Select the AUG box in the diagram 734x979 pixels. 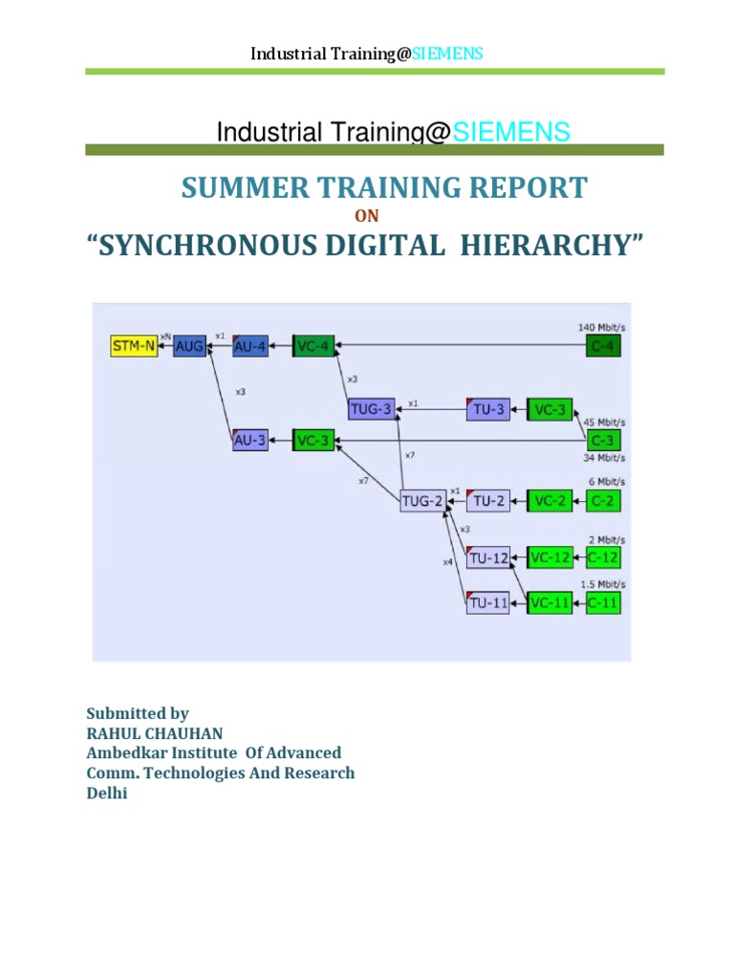coord(188,346)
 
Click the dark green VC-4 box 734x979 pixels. coord(313,346)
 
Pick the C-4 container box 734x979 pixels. coord(603,346)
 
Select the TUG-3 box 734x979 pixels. coord(371,409)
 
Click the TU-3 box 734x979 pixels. coord(488,409)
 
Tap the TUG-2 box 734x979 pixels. coord(422,500)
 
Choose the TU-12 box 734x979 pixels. coord(488,557)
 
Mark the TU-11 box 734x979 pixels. coord(488,603)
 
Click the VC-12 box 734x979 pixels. coord(550,557)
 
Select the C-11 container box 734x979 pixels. coord(603,603)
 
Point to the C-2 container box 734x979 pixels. coord(603,500)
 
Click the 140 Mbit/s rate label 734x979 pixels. coord(600,327)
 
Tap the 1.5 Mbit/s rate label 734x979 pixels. coord(602,583)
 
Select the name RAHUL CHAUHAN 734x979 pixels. coord(155,733)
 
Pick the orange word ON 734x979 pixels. coord(367,216)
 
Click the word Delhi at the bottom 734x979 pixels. coord(106,794)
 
